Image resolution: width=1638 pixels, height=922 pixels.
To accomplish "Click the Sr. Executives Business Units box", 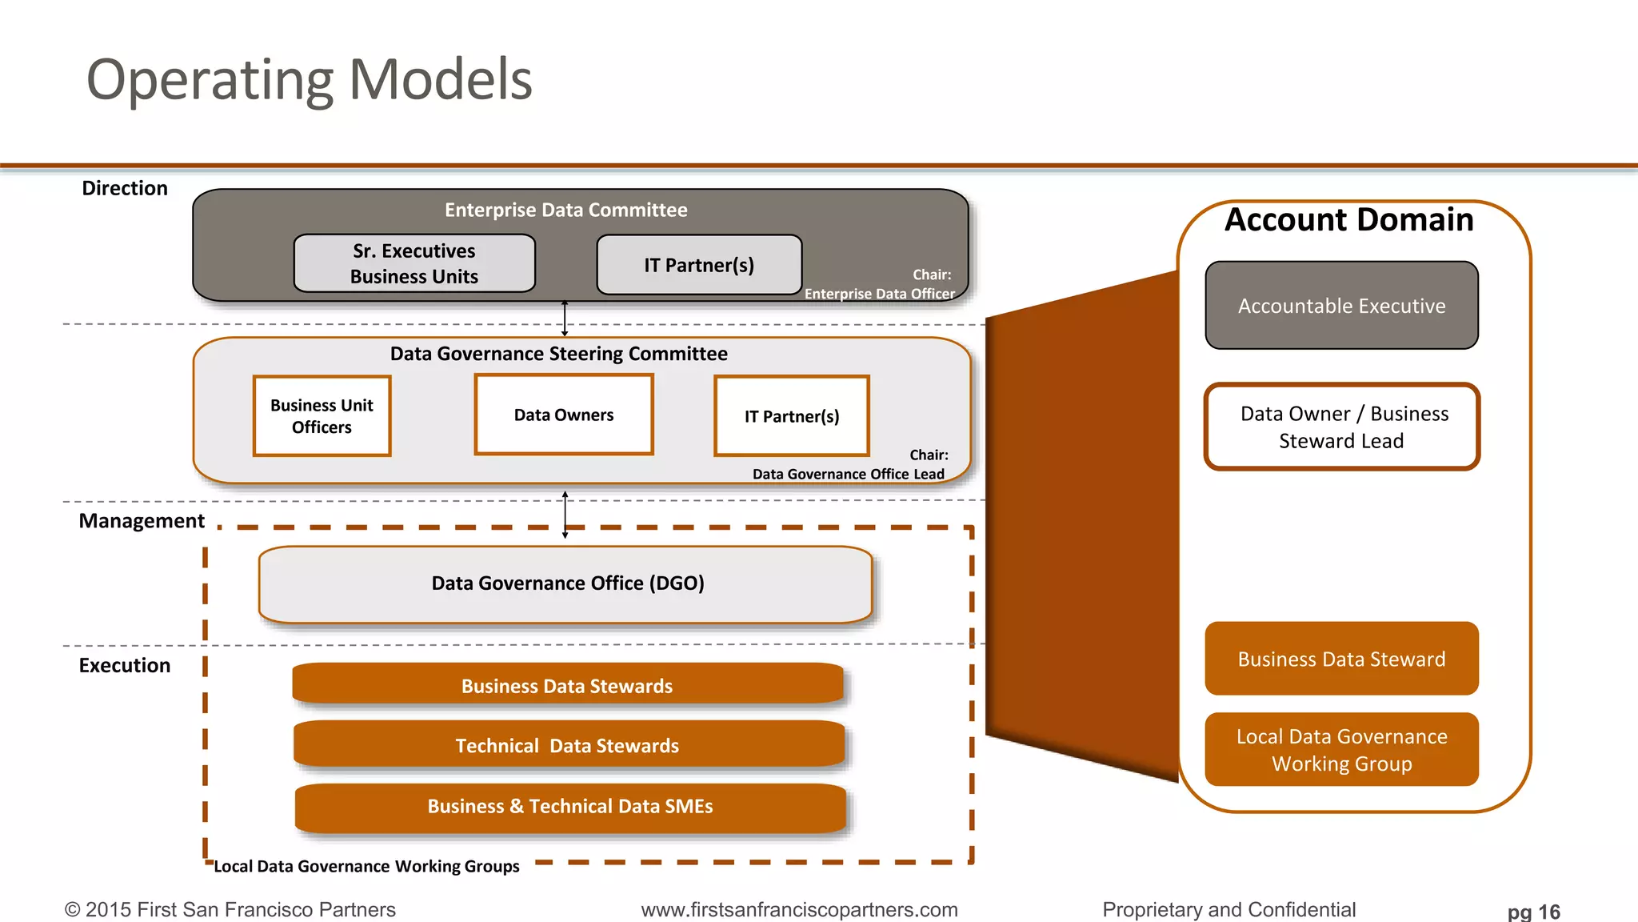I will (414, 263).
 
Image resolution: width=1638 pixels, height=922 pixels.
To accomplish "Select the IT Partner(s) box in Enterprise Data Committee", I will (699, 265).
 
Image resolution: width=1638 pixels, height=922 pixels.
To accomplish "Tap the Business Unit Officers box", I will (322, 416).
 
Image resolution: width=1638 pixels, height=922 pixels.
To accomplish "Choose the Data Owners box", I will (564, 415).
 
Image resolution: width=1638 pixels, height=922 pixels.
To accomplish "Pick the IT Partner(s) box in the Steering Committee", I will (792, 416).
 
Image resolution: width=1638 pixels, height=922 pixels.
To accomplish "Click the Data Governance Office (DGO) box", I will (566, 584).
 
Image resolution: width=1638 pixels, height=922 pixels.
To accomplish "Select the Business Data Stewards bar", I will (568, 685).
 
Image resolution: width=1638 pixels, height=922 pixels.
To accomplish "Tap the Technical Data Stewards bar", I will (568, 745).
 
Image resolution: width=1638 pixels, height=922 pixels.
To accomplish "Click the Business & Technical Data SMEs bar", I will (569, 807).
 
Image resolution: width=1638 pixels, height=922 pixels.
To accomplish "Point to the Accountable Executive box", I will (1341, 306).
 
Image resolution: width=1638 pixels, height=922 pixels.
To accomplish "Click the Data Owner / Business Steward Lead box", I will (1342, 427).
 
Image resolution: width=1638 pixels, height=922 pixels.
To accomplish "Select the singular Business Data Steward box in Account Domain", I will (1341, 659).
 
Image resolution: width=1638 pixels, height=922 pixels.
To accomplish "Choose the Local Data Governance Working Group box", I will (1341, 750).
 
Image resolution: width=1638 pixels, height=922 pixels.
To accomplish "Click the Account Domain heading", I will (1348, 220).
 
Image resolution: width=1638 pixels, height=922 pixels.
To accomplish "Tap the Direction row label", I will (125, 188).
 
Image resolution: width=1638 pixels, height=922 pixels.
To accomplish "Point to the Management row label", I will (142, 521).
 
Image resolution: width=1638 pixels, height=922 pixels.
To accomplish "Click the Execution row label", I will (125, 666).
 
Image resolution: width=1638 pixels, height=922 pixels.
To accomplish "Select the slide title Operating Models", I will (309, 80).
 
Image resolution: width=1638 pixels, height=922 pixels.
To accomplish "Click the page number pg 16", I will (1533, 912).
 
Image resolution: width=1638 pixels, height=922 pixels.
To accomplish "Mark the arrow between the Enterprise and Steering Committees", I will (565, 319).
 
